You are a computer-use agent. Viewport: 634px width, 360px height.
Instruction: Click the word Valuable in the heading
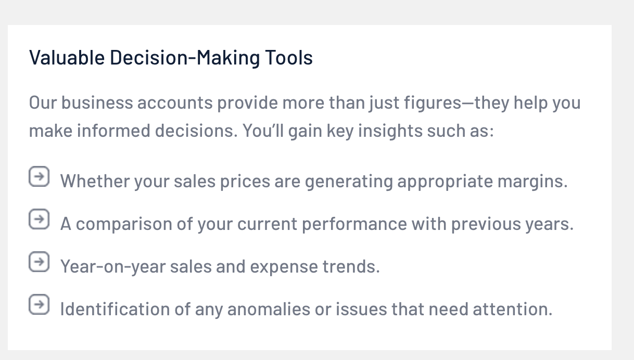(67, 57)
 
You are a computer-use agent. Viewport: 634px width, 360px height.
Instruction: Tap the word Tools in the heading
(289, 57)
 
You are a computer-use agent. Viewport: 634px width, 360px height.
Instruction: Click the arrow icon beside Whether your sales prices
(39, 176)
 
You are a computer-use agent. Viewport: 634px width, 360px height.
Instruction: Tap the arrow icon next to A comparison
(39, 219)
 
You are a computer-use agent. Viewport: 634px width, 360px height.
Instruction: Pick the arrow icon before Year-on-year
(39, 262)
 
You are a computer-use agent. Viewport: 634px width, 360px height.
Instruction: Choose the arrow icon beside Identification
(39, 304)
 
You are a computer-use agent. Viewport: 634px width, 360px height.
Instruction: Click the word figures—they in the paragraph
(457, 103)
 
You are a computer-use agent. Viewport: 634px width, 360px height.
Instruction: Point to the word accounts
(175, 103)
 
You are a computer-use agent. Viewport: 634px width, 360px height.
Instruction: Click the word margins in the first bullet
(532, 182)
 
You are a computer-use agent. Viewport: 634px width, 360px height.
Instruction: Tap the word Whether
(95, 181)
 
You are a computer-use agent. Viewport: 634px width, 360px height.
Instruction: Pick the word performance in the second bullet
(354, 225)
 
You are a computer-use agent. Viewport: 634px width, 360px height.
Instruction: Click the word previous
(486, 225)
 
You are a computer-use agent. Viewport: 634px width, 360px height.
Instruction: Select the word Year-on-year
(113, 267)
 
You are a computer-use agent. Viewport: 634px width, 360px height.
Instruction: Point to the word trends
(351, 266)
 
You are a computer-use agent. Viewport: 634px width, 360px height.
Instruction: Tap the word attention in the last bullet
(513, 309)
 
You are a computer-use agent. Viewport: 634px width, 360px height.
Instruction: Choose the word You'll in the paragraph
(263, 131)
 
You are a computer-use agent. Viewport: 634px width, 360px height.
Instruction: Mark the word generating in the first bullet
(349, 182)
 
